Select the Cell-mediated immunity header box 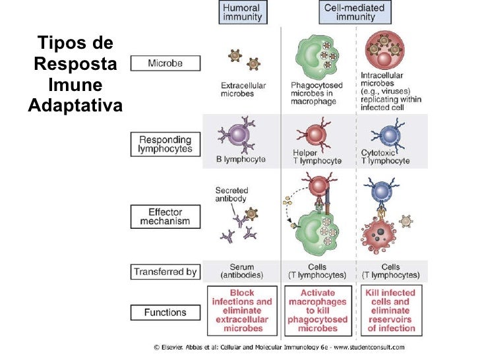(x=355, y=13)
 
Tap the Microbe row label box (x=165, y=63)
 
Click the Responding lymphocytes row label (x=165, y=144)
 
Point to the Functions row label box (x=165, y=312)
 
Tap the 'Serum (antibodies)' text (x=242, y=271)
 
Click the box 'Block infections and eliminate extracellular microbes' (x=242, y=311)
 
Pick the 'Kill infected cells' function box (x=391, y=311)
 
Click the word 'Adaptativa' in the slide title (x=76, y=105)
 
